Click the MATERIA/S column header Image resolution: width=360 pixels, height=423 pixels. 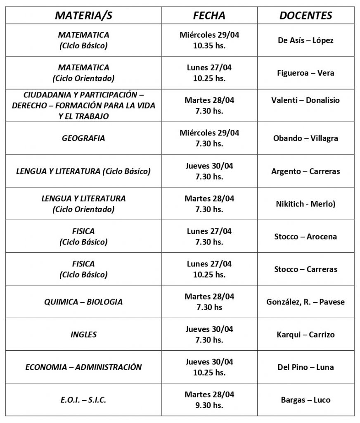coord(83,16)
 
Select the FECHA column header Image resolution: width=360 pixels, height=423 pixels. coord(209,16)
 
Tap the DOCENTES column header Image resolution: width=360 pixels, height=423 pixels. coord(306,16)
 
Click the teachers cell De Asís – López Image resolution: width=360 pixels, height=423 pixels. coord(306,40)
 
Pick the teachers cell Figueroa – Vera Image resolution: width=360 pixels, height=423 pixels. coord(306,73)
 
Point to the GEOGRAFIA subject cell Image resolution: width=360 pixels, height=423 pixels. coord(83,138)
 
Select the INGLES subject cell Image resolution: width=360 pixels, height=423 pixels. coord(83,335)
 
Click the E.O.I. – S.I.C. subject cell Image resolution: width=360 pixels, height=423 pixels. coord(83,400)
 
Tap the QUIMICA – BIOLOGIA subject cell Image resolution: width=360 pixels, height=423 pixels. coord(83,302)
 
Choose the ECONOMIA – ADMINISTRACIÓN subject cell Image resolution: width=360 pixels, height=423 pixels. coord(83,367)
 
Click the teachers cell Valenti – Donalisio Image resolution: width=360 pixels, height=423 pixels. coord(306,100)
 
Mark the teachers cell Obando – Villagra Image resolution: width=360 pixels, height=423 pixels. coord(306,138)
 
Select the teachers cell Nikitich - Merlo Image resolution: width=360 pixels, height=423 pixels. coord(306,204)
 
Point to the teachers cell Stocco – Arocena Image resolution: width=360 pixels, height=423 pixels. coord(306,237)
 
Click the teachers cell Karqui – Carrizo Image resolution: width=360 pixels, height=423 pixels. coord(306,335)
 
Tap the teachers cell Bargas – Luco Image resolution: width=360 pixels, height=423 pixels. coord(306,400)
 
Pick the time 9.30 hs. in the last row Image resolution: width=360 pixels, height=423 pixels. coord(209,405)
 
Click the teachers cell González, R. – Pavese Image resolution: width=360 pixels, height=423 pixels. coord(306,302)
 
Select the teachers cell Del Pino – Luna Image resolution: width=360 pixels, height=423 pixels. coord(306,367)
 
